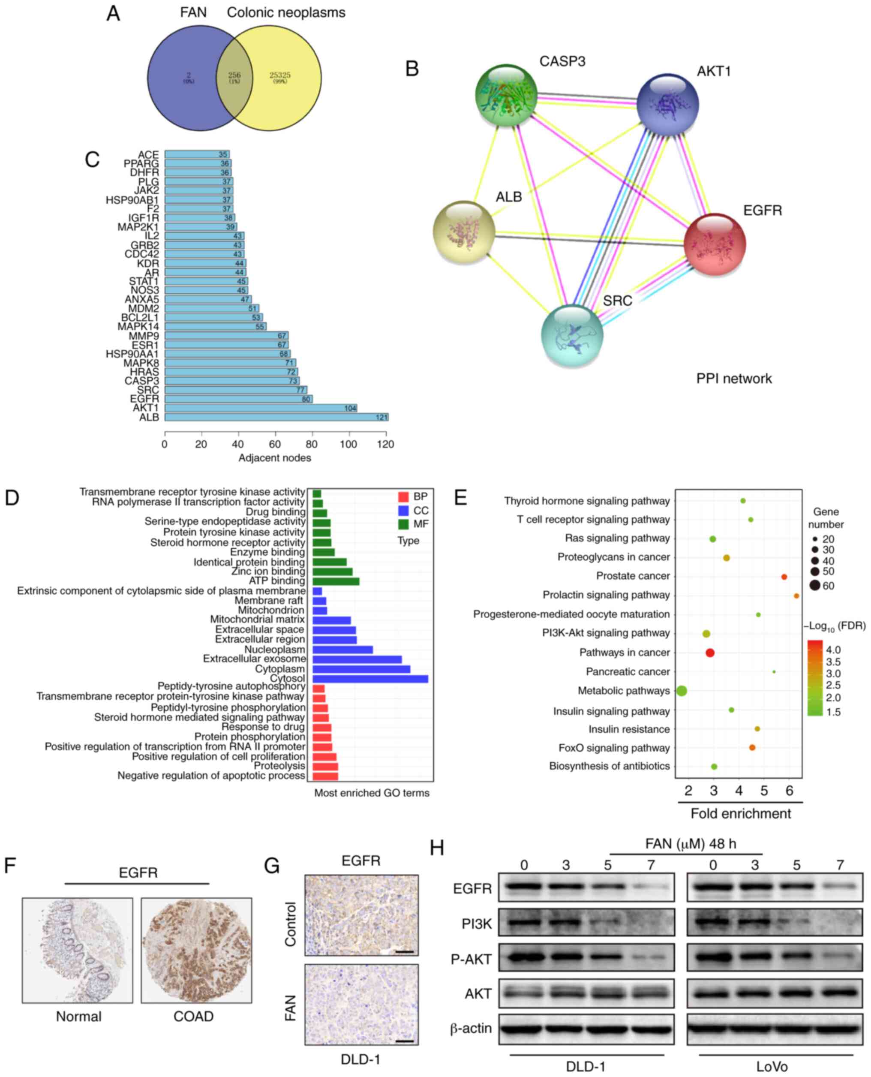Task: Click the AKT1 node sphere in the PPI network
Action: pyautogui.click(x=668, y=104)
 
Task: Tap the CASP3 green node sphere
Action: pyautogui.click(x=506, y=95)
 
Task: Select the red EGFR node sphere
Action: pyautogui.click(x=715, y=244)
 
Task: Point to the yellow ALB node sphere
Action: pyautogui.click(x=464, y=232)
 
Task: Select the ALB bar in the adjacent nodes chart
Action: pyautogui.click(x=276, y=417)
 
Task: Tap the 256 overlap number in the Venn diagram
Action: pyautogui.click(x=234, y=75)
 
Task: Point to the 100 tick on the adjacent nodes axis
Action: pyautogui.click(x=348, y=444)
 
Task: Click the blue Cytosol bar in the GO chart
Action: pyautogui.click(x=370, y=679)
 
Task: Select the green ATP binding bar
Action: pyautogui.click(x=336, y=581)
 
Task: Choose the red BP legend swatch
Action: pyautogui.click(x=403, y=497)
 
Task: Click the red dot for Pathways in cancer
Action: pyautogui.click(x=709, y=653)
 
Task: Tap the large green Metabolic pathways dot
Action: pyautogui.click(x=682, y=691)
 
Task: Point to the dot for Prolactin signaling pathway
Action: pyautogui.click(x=796, y=596)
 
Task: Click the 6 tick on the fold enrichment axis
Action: pyautogui.click(x=789, y=791)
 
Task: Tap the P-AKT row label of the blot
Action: pyautogui.click(x=471, y=959)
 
